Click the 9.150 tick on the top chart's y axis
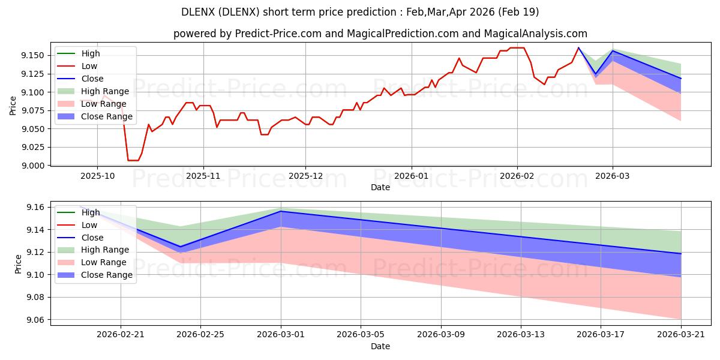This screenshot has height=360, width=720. click(32, 56)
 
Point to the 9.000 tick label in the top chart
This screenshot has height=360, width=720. click(32, 166)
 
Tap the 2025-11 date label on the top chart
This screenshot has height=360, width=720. click(203, 176)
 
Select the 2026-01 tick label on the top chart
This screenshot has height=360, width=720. click(412, 176)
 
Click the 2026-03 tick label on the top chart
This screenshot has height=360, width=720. click(613, 176)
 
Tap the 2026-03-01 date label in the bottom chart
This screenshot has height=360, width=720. click(281, 335)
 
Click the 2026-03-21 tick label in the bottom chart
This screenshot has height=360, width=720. click(681, 335)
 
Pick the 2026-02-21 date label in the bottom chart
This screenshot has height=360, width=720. click(121, 335)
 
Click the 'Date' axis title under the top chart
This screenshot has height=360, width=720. click(380, 187)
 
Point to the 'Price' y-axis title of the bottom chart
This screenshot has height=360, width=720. click(18, 264)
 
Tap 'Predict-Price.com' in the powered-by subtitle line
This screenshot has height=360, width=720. click(278, 34)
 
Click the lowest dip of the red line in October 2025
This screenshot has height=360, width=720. click(133, 160)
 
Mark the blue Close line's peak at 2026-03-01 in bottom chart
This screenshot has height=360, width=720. click(281, 211)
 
